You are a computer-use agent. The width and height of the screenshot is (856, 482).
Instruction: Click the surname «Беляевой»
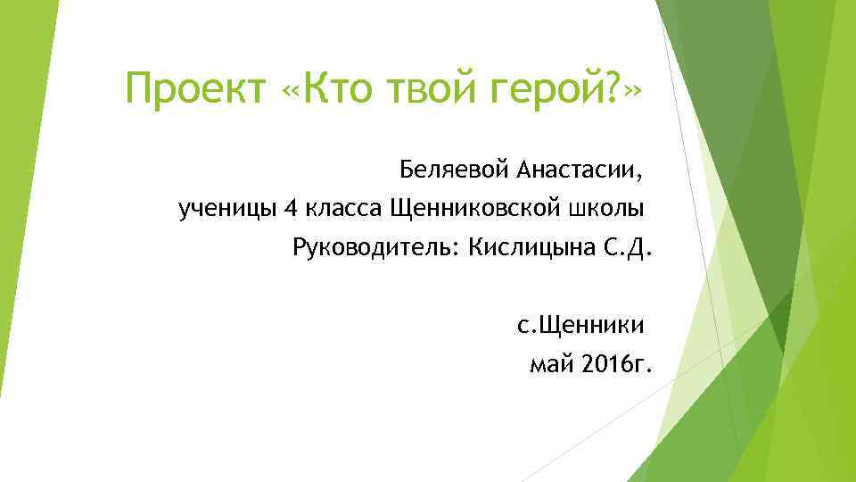pyautogui.click(x=455, y=168)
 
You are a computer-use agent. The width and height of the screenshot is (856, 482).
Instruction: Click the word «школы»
pyautogui.click(x=605, y=209)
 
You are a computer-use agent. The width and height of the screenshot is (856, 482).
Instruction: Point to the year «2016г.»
pyautogui.click(x=615, y=364)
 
